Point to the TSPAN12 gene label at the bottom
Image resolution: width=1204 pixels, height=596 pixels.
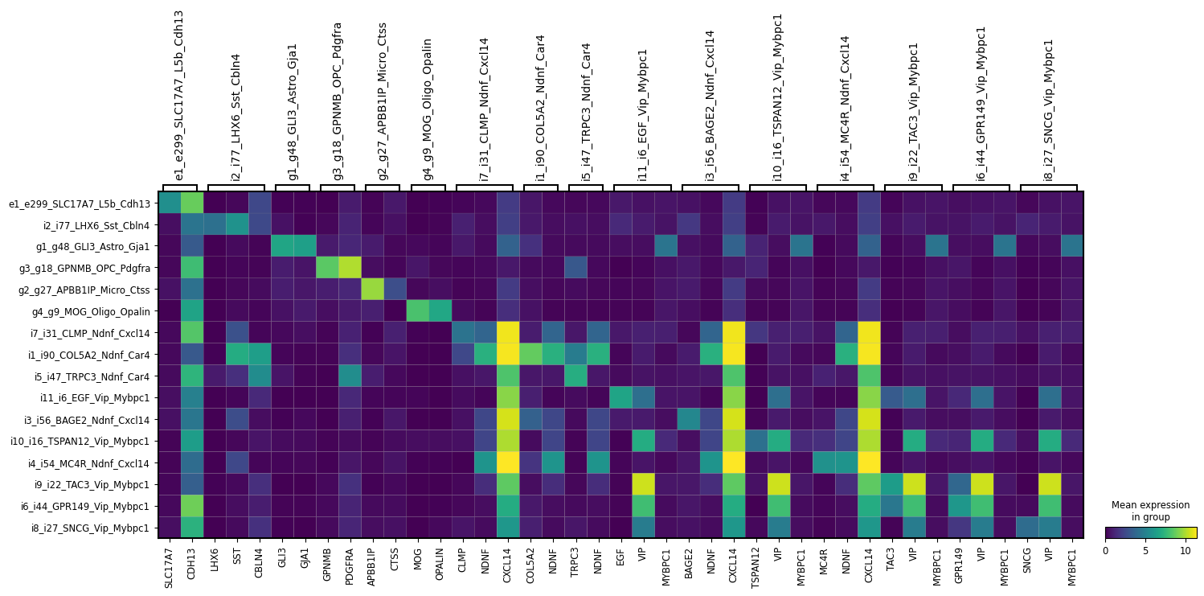point(756,565)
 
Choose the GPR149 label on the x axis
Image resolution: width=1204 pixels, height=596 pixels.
point(960,563)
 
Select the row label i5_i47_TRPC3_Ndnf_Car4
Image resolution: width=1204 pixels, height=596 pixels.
point(92,376)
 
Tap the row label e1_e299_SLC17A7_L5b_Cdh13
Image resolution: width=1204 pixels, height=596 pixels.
point(80,203)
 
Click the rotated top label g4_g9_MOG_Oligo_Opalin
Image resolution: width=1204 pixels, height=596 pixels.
point(428,109)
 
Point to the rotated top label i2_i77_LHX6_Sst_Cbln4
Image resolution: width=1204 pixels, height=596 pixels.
point(236,117)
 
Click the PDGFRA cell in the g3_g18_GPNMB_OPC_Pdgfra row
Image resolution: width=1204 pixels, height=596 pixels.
point(350,268)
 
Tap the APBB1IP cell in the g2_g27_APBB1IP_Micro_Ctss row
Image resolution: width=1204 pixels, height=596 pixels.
point(372,290)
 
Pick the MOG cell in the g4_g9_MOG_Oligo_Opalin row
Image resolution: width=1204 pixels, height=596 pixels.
point(418,311)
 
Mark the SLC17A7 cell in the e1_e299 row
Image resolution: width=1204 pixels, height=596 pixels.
point(170,203)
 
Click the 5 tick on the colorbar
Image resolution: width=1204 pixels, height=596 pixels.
point(1145,551)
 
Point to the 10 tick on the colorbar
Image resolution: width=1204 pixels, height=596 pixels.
point(1186,551)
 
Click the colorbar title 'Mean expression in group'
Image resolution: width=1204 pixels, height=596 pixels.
point(1150,511)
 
